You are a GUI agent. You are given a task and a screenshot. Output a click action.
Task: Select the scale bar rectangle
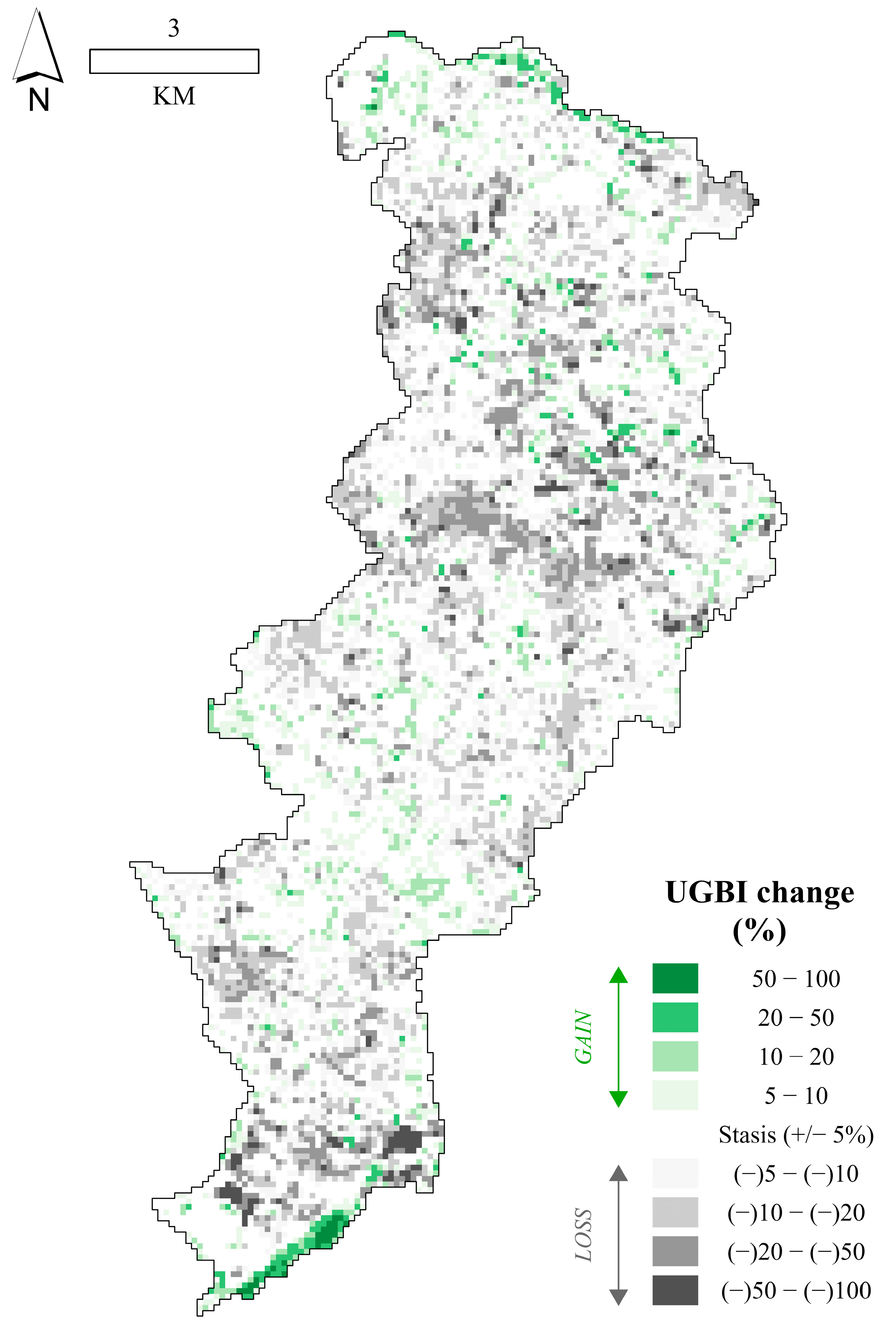174,61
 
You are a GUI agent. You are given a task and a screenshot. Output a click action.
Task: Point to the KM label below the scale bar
174,96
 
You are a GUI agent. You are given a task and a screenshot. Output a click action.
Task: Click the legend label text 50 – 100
796,978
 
